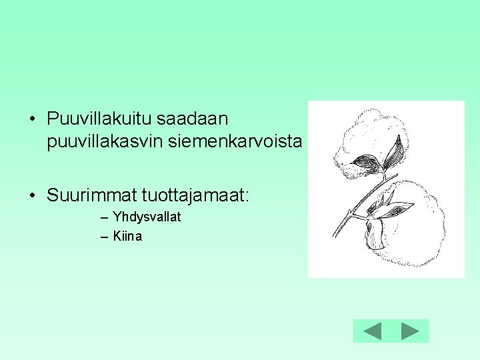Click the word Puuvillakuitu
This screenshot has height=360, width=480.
(99, 119)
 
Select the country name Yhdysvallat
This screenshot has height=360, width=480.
(147, 217)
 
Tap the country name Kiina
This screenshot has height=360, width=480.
(127, 236)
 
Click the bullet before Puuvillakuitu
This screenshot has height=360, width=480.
(32, 120)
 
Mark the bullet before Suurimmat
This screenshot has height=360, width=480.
(32, 196)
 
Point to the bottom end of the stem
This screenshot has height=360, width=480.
(336, 235)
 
